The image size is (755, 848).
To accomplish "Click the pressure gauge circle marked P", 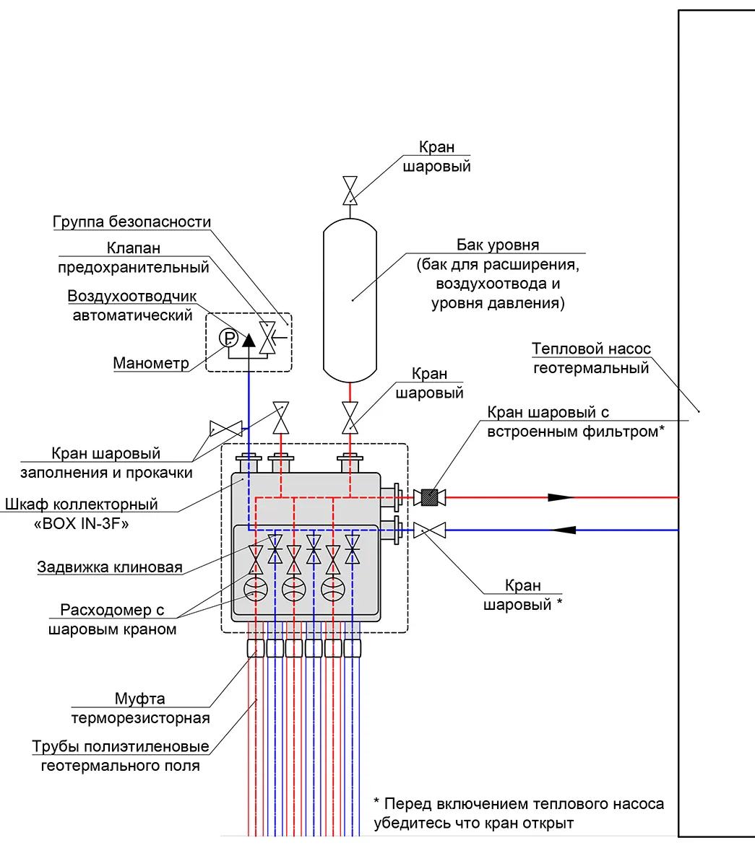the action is coord(228,338).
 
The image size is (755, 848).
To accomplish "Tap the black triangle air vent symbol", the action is coord(249,340).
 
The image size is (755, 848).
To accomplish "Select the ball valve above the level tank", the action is coord(350,191).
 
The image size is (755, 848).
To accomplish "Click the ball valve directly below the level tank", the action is coord(350,418).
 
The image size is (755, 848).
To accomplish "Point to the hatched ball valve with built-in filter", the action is coord(430,497).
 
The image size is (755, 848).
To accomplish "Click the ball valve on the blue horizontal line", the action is coord(430,530).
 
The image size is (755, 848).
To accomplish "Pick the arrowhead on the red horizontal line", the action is coord(560,497).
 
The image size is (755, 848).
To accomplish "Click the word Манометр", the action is coord(151,363).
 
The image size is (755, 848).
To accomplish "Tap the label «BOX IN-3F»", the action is coord(81,523).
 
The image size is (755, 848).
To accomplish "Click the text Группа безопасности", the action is coord(131,222).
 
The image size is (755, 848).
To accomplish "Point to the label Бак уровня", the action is coord(498,245).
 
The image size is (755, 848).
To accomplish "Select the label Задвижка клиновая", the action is coord(110,567).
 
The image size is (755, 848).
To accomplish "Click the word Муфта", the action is coord(139,698).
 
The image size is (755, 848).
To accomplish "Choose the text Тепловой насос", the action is coord(591,349).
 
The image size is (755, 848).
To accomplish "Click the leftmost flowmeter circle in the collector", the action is coord(256,590).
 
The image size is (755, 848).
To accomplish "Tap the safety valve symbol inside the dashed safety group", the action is coord(267,338).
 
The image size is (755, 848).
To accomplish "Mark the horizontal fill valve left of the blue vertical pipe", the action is coord(226,429).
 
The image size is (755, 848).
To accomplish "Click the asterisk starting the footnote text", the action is coord(376,801).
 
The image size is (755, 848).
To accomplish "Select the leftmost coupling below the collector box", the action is coord(256,648).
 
